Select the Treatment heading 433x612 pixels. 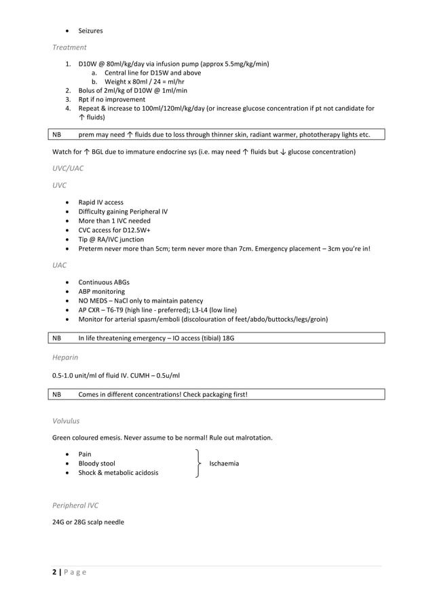click(x=69, y=47)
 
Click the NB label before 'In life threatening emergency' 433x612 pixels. click(x=57, y=338)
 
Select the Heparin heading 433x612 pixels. click(x=66, y=356)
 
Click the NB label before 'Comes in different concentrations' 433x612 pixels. click(x=57, y=394)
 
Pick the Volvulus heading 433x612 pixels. click(x=67, y=421)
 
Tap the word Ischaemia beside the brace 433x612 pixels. click(x=224, y=463)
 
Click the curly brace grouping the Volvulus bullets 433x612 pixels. click(x=197, y=463)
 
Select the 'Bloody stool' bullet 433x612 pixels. click(x=96, y=463)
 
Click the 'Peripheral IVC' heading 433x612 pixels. click(x=75, y=505)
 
